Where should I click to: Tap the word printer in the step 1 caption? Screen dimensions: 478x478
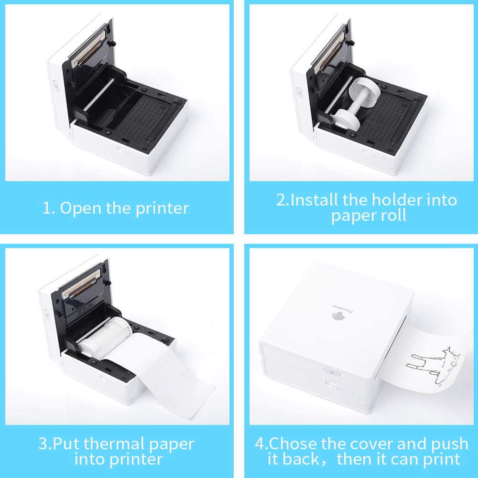click(x=162, y=208)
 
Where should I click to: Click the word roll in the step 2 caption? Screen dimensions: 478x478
click(x=391, y=215)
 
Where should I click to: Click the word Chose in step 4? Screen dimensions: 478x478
click(x=293, y=444)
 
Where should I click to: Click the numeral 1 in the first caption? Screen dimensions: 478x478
click(x=46, y=208)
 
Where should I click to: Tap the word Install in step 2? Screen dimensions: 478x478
click(x=315, y=199)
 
